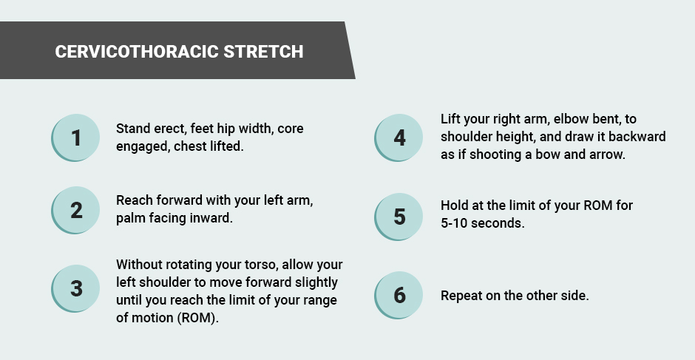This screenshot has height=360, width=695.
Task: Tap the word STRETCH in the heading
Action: (x=264, y=52)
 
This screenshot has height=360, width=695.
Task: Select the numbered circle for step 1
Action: (x=75, y=138)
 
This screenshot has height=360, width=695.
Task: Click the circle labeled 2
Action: (x=75, y=210)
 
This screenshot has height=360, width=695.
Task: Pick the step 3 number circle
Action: (x=75, y=288)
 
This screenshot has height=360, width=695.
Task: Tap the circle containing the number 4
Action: (x=399, y=138)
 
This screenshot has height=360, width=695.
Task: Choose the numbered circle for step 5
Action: (x=399, y=217)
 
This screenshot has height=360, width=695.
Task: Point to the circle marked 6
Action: (x=399, y=295)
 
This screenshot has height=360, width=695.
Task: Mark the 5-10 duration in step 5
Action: (x=454, y=223)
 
